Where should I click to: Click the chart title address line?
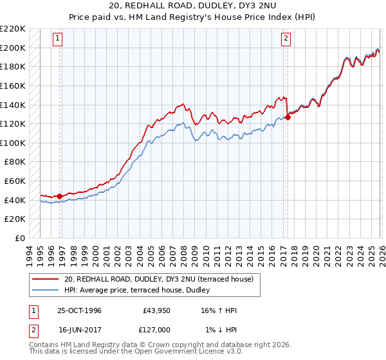pyautogui.click(x=193, y=6)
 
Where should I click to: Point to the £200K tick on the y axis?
pyautogui.click(x=13, y=48)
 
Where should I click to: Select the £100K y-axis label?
pyautogui.click(x=13, y=143)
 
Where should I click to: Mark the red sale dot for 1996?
pyautogui.click(x=60, y=196)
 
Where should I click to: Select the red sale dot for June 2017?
pyautogui.click(x=288, y=116)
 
